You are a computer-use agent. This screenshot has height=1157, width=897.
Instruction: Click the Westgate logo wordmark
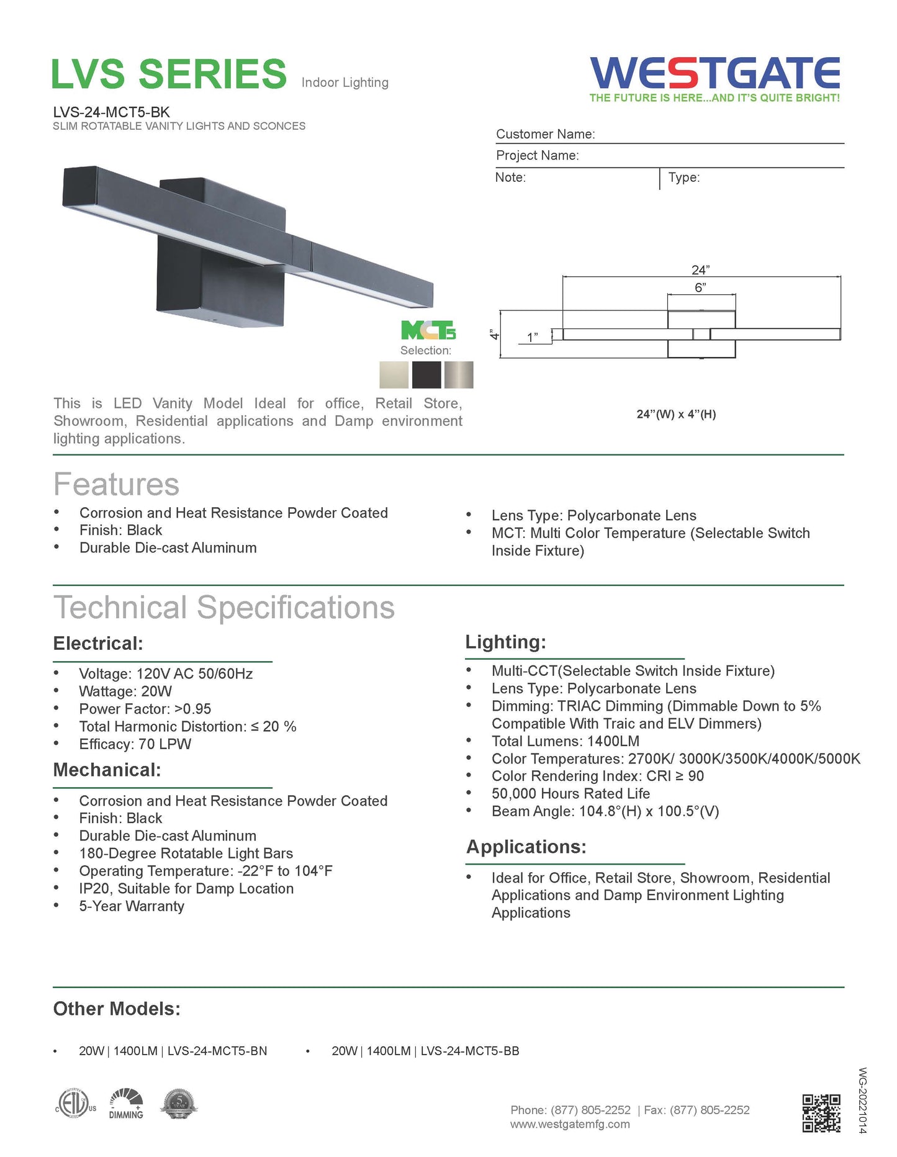(714, 73)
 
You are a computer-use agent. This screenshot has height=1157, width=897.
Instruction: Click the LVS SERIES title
(169, 74)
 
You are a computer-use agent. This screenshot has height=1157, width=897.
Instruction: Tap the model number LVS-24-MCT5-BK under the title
(111, 112)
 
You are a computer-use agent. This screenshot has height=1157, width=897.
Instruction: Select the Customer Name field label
(545, 134)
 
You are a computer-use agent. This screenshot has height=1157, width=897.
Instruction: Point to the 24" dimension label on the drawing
(700, 270)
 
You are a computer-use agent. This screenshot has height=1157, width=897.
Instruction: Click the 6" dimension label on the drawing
(700, 287)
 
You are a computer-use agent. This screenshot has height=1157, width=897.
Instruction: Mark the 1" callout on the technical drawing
(532, 337)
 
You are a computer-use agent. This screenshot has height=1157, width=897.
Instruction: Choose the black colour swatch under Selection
(426, 375)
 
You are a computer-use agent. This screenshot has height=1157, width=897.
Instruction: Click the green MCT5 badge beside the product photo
(428, 330)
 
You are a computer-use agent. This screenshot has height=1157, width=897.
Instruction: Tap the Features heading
(116, 484)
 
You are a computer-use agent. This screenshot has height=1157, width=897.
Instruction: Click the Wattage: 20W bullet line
(125, 691)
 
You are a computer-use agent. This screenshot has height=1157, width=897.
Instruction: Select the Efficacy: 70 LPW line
(135, 744)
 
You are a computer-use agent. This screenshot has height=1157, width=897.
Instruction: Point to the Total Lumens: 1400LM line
(565, 741)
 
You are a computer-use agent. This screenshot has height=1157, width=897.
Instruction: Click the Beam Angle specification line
(605, 811)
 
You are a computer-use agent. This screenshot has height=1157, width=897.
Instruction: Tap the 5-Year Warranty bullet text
(132, 906)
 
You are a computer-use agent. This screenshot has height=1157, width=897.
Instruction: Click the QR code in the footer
(821, 1113)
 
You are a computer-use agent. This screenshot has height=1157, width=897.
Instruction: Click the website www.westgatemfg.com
(570, 1124)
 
